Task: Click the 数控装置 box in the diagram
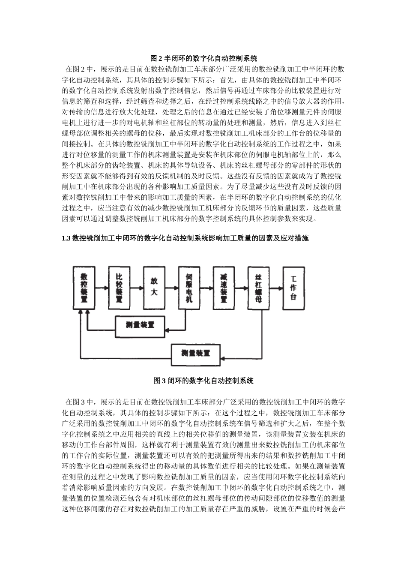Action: [84, 288]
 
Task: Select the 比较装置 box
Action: [119, 287]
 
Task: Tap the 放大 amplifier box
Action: [154, 287]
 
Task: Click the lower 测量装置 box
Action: [196, 353]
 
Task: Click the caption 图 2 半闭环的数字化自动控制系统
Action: [203, 58]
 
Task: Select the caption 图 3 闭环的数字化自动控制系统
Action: [203, 381]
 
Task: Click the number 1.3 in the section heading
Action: [66, 238]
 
